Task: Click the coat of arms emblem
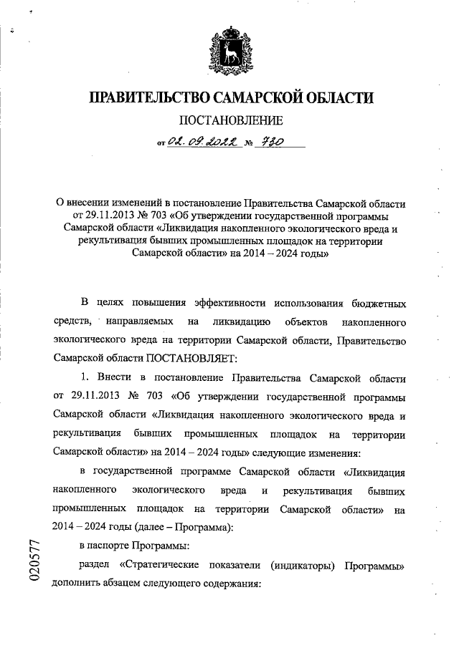point(229,49)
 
